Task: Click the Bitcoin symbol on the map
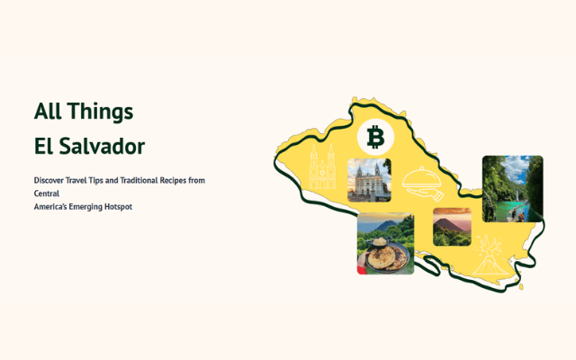click(x=376, y=138)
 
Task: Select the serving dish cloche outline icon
click(x=421, y=183)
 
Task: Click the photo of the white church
click(x=369, y=180)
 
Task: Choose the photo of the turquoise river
click(x=512, y=188)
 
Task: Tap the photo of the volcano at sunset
click(x=452, y=227)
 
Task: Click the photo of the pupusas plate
click(x=385, y=243)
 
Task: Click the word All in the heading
click(x=47, y=112)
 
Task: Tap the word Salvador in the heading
click(x=104, y=146)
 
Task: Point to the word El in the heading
click(x=44, y=146)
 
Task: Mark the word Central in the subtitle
click(x=47, y=193)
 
